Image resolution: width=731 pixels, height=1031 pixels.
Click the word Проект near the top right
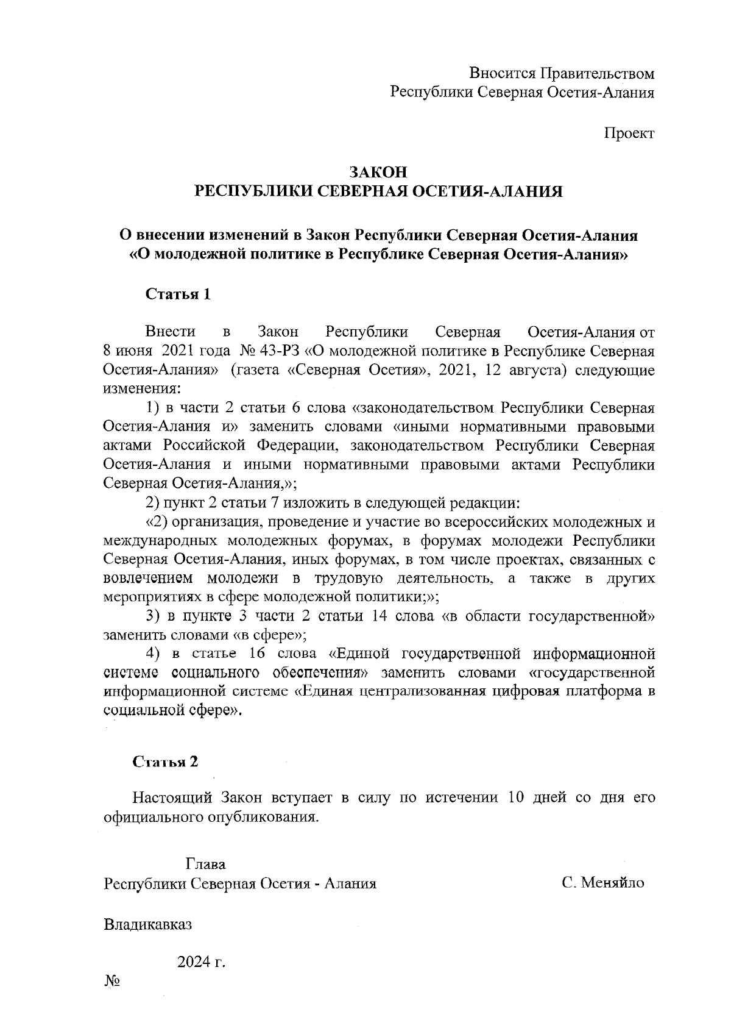tap(629, 134)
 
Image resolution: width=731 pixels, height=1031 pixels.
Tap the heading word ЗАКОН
tap(378, 172)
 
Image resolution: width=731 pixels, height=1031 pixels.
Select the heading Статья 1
tap(178, 294)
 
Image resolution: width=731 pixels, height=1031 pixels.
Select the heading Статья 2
tap(166, 762)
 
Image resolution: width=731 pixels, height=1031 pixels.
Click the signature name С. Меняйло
tap(602, 883)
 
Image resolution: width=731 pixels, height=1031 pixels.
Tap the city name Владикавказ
tap(148, 924)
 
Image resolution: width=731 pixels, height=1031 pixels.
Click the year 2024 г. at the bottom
tap(201, 963)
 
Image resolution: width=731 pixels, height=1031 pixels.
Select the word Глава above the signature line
tap(205, 864)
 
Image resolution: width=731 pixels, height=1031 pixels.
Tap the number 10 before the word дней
tap(516, 797)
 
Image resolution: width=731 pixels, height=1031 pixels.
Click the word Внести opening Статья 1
tap(171, 332)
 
